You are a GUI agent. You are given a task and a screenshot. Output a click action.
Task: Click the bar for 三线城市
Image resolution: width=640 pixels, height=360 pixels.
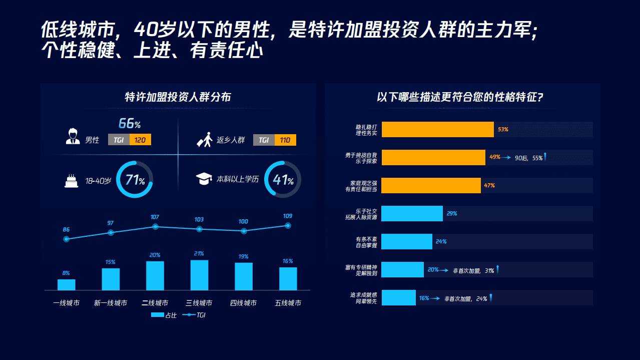[x=199, y=275]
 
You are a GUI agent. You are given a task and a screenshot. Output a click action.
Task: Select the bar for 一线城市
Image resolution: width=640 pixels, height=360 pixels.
[x=66, y=284]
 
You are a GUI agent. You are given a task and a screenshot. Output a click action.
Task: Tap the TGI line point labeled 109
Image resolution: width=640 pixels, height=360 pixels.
[x=288, y=225]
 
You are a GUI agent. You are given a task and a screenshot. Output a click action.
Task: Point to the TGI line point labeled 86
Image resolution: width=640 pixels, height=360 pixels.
[x=66, y=239]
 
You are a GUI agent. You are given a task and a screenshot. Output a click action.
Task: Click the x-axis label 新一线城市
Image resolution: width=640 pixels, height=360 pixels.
[x=111, y=303]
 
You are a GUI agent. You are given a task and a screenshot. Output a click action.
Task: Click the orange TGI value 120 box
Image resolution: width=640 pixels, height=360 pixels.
[x=140, y=140]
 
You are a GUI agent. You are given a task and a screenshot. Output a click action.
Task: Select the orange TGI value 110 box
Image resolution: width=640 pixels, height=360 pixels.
[x=285, y=140]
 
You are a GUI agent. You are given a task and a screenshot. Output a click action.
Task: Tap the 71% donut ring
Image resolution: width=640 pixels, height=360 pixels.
[x=135, y=179]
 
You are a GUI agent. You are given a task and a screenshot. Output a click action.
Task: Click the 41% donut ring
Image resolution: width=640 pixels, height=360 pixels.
[x=283, y=179]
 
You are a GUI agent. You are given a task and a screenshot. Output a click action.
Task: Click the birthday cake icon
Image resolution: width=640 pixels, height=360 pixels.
[x=72, y=180]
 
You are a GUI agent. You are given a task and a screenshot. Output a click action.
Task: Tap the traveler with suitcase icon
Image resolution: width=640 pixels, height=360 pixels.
[x=204, y=140]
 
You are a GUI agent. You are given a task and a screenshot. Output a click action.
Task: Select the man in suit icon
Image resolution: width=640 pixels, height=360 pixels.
[x=73, y=137]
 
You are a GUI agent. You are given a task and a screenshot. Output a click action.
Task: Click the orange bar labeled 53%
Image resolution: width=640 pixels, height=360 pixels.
[x=437, y=129]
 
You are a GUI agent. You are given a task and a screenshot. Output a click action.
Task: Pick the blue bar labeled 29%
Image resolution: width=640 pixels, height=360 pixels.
[x=412, y=213]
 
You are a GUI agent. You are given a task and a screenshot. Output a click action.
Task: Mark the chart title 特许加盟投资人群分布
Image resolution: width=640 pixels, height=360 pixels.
[x=178, y=97]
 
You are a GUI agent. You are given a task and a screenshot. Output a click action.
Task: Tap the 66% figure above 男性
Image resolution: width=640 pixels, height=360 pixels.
[x=129, y=124]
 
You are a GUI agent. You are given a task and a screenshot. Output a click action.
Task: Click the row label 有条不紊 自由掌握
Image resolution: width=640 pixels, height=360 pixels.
[x=366, y=242]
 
